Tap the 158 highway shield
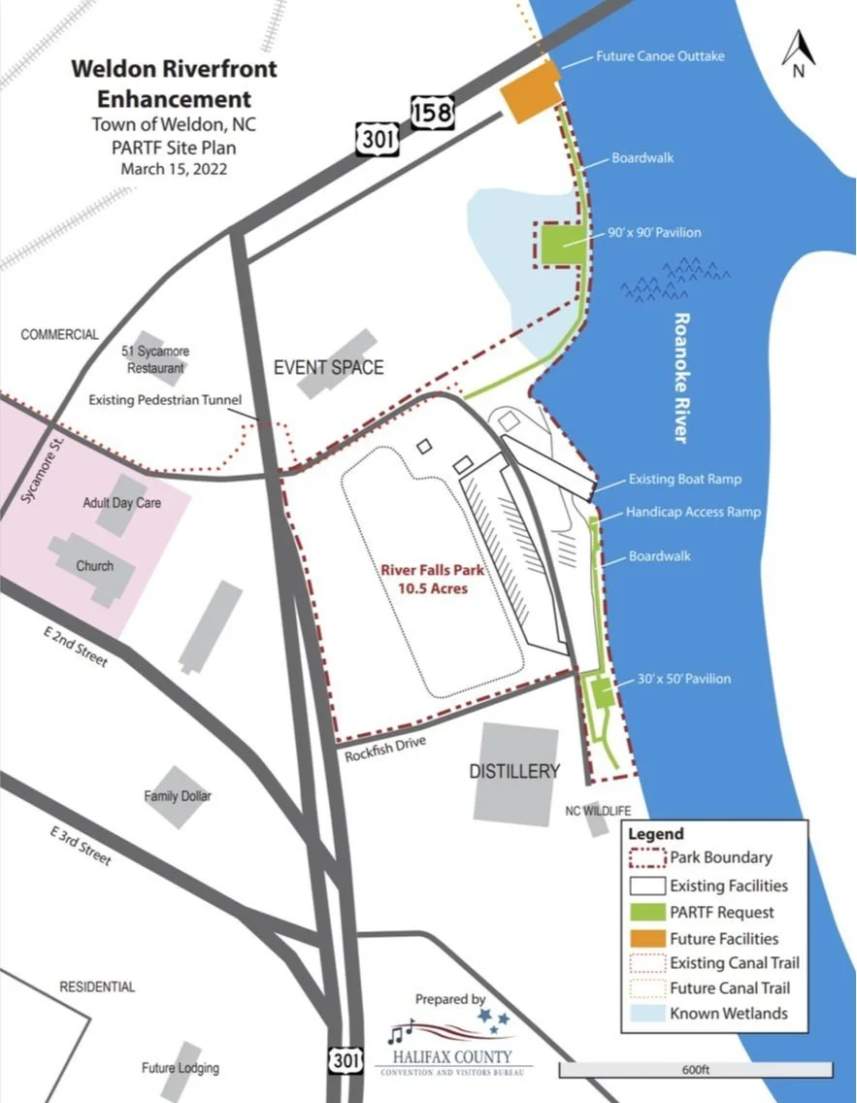(x=431, y=113)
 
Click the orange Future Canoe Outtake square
(x=529, y=93)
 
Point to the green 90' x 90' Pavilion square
(x=561, y=243)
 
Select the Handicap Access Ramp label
(x=693, y=512)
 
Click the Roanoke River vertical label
(x=681, y=378)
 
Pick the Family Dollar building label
(x=178, y=796)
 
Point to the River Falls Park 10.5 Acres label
(x=432, y=579)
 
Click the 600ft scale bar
(x=695, y=1069)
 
